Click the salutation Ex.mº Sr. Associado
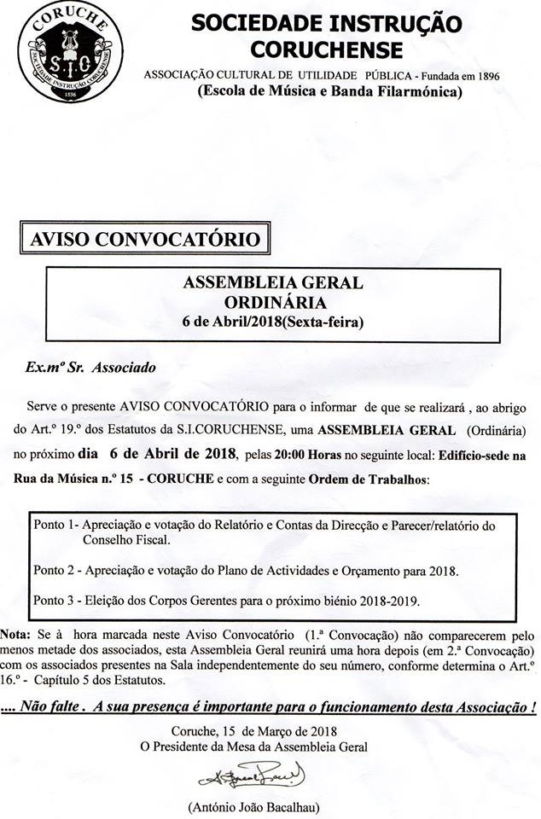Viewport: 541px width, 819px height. point(90,370)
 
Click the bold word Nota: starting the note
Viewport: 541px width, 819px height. point(15,636)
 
